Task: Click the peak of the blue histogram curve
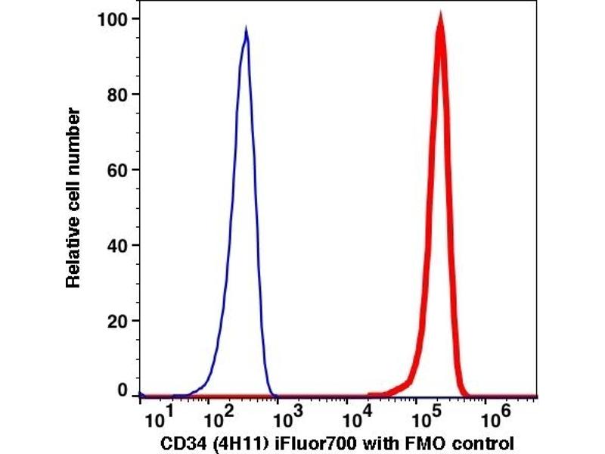[x=246, y=30]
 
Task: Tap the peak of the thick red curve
[x=440, y=17]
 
